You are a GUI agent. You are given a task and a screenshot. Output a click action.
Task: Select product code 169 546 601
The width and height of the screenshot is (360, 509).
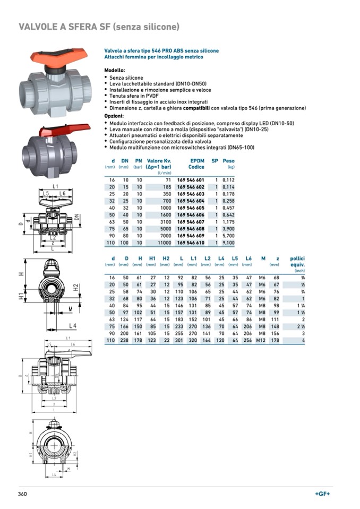click(x=191, y=180)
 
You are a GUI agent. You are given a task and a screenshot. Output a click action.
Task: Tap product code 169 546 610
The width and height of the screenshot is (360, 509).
click(x=191, y=243)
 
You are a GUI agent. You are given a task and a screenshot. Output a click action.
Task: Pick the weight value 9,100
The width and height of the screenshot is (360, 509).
click(x=228, y=243)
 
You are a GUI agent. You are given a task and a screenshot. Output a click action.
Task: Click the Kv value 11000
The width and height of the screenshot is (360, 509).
click(x=162, y=243)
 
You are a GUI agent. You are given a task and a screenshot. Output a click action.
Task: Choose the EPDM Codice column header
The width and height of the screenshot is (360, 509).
click(x=196, y=163)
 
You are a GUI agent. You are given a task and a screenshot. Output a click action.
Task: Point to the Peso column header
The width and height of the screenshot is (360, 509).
click(x=228, y=161)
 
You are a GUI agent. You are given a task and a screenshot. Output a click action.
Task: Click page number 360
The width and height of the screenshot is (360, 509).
click(x=22, y=494)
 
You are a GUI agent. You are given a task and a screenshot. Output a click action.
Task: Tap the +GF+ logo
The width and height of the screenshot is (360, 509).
click(x=322, y=494)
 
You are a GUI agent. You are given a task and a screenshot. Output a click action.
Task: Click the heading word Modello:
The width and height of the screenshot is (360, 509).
click(x=114, y=71)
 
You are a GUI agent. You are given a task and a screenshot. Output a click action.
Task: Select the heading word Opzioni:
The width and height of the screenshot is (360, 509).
click(x=114, y=116)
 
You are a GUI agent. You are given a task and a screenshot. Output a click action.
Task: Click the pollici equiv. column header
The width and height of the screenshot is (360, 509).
click(x=297, y=261)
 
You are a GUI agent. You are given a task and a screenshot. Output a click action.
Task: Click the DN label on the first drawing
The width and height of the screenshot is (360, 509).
click(x=76, y=217)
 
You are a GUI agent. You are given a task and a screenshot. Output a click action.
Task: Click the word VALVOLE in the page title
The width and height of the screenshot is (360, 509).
click(x=40, y=27)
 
